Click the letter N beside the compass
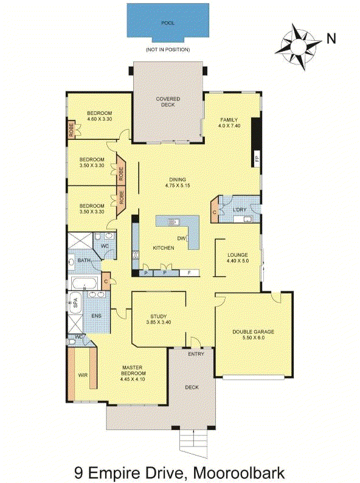(331, 38)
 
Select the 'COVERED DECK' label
(168, 102)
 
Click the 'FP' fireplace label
(257, 159)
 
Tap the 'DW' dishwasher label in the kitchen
(181, 238)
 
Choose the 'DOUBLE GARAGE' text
(254, 332)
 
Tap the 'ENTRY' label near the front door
(196, 353)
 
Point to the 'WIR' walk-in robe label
(83, 375)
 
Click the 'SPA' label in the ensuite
(76, 303)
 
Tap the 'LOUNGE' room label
(238, 255)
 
